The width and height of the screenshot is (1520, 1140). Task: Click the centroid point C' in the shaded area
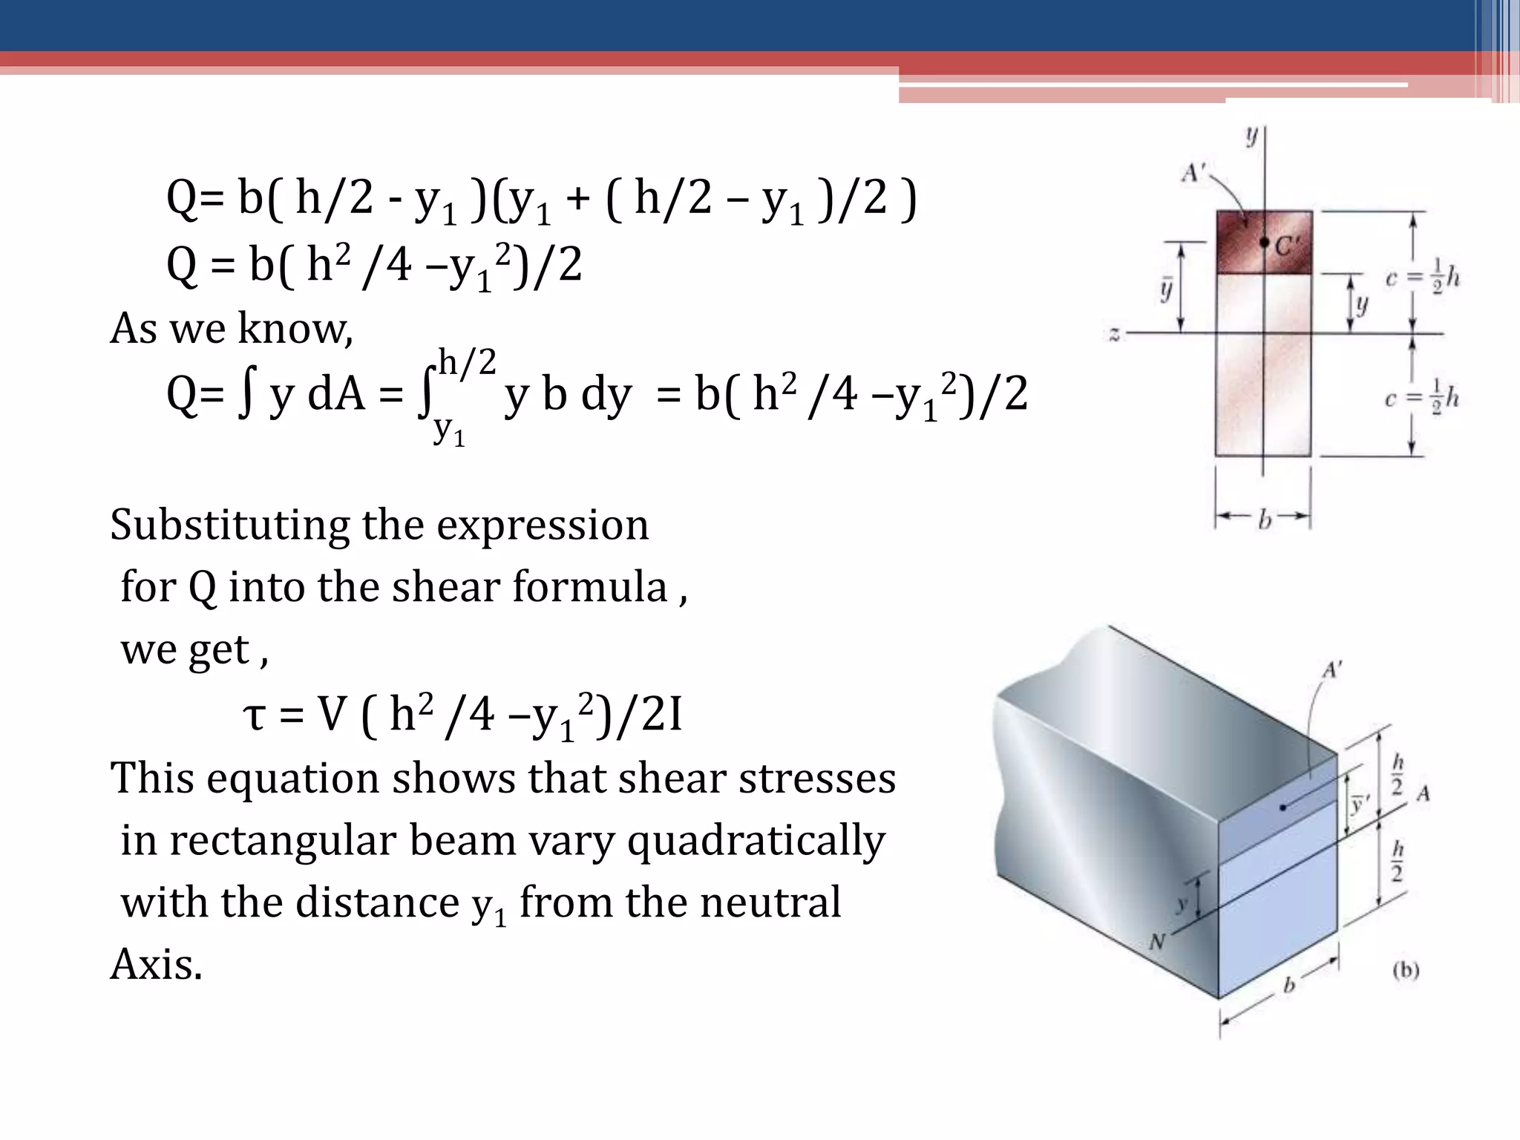(x=1264, y=242)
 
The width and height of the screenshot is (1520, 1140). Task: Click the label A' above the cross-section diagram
(x=1192, y=173)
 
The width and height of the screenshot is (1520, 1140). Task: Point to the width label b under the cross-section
(x=1264, y=520)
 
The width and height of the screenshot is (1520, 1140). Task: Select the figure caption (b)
(x=1406, y=969)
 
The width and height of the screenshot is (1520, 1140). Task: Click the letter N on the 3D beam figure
(x=1157, y=942)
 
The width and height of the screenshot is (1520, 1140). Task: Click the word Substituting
(x=230, y=525)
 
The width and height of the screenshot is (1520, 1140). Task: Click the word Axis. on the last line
(x=156, y=965)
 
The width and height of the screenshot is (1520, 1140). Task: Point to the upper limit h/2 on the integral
(x=466, y=363)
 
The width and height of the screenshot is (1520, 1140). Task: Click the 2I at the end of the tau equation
(x=661, y=715)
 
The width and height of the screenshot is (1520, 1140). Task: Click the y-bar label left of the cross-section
(x=1166, y=288)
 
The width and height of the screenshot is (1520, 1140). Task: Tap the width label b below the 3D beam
(x=1289, y=985)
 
